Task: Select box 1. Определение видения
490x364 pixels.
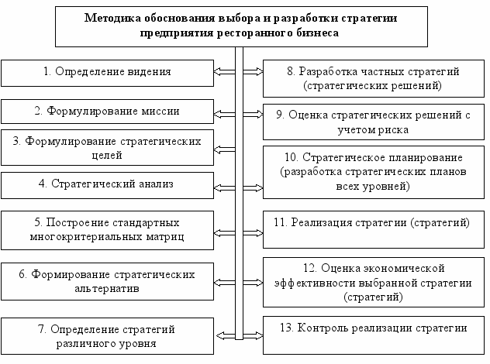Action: click(x=108, y=72)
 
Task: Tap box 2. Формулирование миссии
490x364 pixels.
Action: click(x=108, y=111)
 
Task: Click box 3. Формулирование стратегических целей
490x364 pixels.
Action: click(x=108, y=148)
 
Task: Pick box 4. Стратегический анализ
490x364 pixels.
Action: click(x=108, y=184)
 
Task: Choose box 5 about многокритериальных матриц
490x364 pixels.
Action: click(x=108, y=228)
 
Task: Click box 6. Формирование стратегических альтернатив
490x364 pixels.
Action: click(x=108, y=281)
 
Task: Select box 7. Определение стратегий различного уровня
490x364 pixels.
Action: click(x=108, y=335)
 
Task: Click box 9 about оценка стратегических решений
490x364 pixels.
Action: click(x=374, y=122)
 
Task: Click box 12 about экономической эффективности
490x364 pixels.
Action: click(x=374, y=282)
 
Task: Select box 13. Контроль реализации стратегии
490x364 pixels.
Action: click(x=374, y=328)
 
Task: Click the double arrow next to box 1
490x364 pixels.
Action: click(x=225, y=72)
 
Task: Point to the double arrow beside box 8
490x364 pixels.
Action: click(x=254, y=72)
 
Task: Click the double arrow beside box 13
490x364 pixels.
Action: click(x=254, y=335)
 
